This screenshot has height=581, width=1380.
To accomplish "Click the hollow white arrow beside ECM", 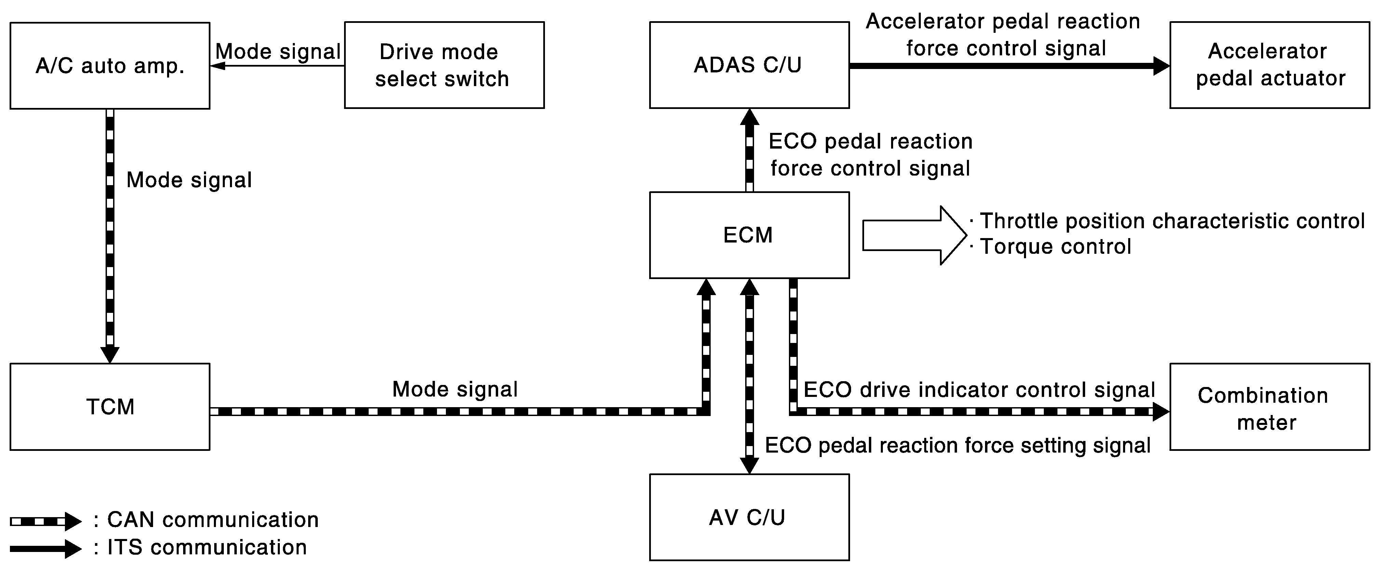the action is (914, 235).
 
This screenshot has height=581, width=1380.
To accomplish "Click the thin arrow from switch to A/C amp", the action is (277, 66).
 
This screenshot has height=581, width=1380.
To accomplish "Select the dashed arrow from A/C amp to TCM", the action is (110, 236).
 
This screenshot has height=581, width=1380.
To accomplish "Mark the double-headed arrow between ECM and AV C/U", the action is (750, 376).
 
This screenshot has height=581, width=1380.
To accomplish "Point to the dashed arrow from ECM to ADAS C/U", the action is (750, 150).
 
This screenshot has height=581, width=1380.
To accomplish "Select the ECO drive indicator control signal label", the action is (979, 390).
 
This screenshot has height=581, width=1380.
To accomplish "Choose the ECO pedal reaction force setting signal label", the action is (958, 445).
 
